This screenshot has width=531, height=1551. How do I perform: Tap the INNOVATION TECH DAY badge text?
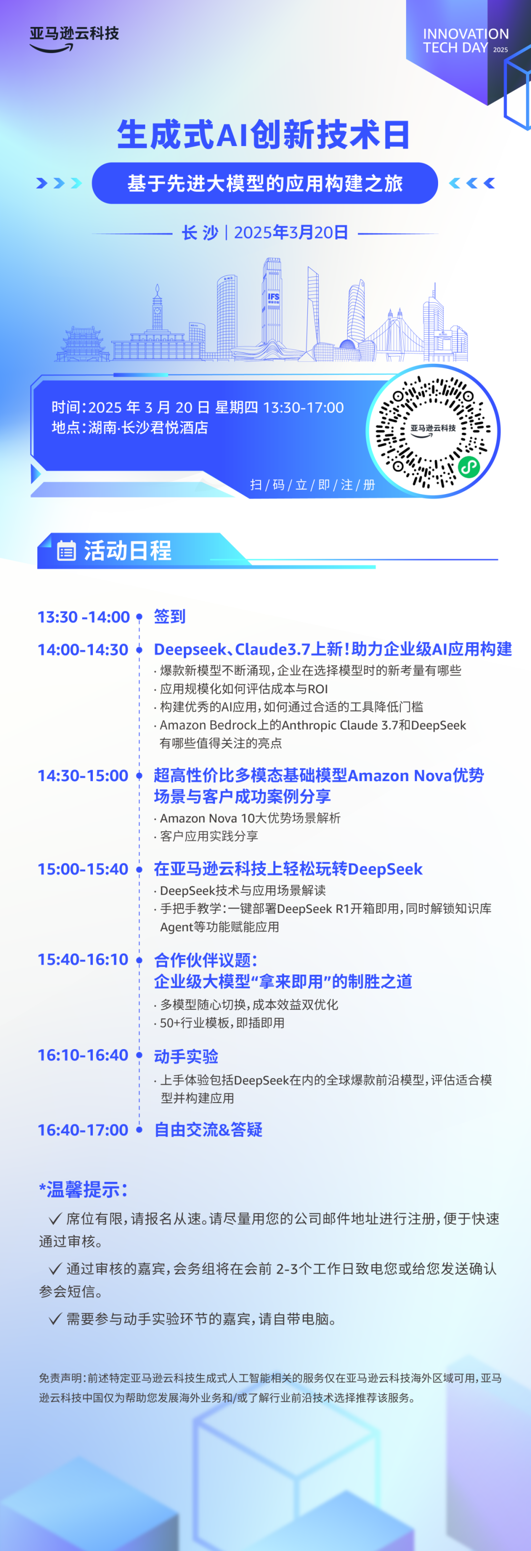pos(466,41)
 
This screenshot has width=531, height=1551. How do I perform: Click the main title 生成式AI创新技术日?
pos(264,134)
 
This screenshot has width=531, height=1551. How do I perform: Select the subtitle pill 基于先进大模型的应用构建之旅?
pos(265,183)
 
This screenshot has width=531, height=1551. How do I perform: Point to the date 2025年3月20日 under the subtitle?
pos(291,233)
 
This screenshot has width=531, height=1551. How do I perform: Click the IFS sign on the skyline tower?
pos(273,297)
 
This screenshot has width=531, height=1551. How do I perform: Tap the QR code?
pos(433,431)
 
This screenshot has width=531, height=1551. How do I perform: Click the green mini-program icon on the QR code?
pos(469,466)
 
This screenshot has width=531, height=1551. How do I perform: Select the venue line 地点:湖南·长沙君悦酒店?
pos(130,428)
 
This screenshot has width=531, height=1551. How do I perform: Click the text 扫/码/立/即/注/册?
pos(313,485)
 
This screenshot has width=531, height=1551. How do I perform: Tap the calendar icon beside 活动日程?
pos(66,550)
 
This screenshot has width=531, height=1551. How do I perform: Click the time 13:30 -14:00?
pos(84,616)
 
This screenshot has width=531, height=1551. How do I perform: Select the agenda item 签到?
pos(170,616)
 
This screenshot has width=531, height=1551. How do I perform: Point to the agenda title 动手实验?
pos(186,1056)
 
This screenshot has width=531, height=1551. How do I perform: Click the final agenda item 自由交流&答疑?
pos(208,1130)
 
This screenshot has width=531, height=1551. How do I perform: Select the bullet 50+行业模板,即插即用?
pos(220,1023)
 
